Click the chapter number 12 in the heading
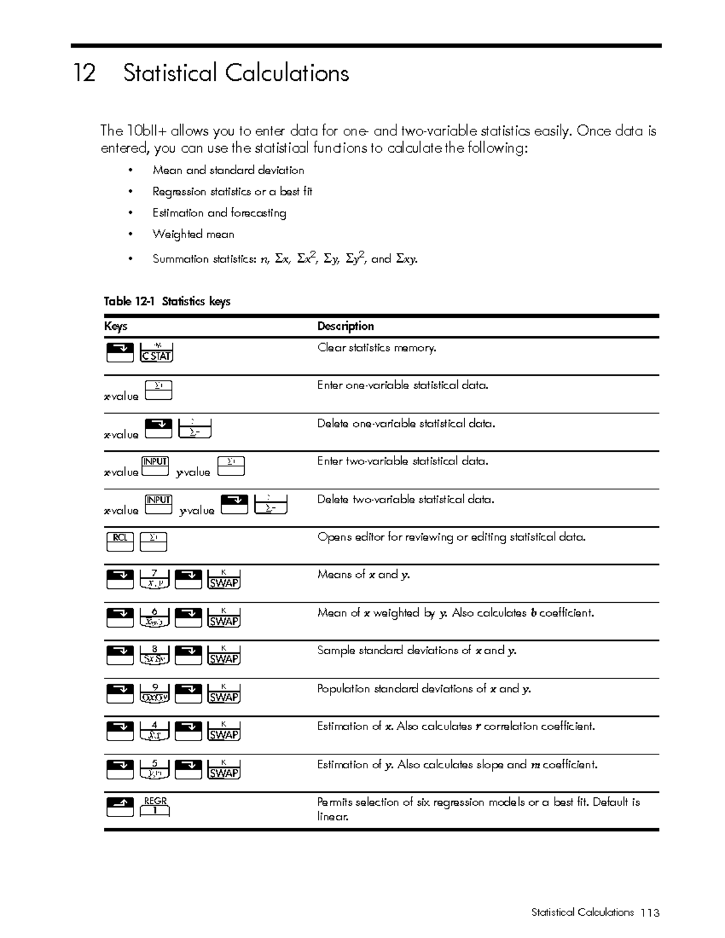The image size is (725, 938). [x=84, y=74]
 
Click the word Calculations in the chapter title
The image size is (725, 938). [x=287, y=74]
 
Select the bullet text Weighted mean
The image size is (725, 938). [x=193, y=234]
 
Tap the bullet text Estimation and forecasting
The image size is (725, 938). [x=219, y=213]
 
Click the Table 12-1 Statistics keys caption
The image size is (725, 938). [x=167, y=301]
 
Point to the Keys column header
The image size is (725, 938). [x=115, y=327]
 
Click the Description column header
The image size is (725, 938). [x=345, y=326]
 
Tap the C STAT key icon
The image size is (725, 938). [x=156, y=353]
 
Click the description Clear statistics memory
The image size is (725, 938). [x=376, y=348]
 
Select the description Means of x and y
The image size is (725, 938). [x=363, y=574]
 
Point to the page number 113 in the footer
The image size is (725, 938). [x=650, y=913]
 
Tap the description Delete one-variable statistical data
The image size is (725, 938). [x=405, y=424]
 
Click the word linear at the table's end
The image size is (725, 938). [x=332, y=817]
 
